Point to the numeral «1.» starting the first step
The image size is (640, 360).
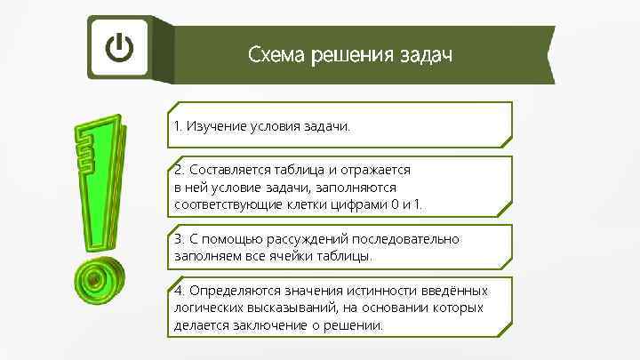point(179,126)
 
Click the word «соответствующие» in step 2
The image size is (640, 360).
point(220,204)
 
